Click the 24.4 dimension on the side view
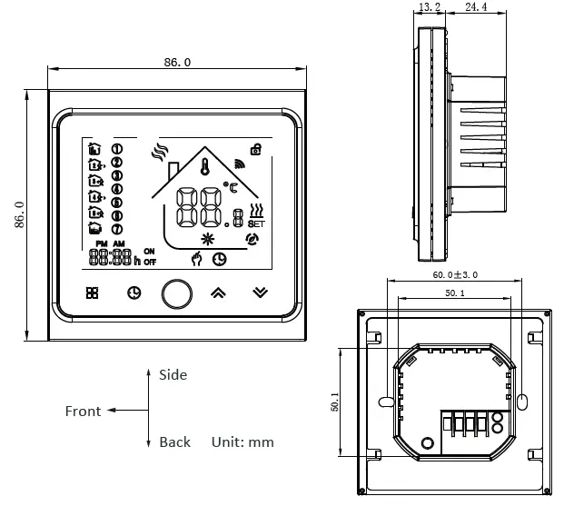pos(475,7)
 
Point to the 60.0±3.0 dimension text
pos(455,274)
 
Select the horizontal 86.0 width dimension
pos(177,63)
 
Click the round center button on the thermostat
pos(177,293)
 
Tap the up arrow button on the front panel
pos(218,293)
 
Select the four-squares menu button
pos(92,293)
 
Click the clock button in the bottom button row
pos(134,293)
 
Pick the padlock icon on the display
pos(256,149)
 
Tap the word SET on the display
pos(255,223)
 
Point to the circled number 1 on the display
pos(116,149)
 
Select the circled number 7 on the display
pos(116,229)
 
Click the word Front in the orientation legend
pos(83,412)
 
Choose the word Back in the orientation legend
pos(174,442)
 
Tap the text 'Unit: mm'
pos(242,442)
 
